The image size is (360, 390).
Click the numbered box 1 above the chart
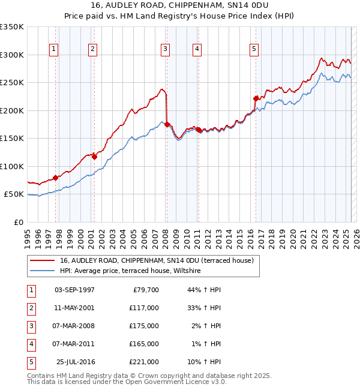tap(54, 50)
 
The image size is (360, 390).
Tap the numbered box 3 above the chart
tap(165, 50)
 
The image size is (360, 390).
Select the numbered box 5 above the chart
tap(254, 50)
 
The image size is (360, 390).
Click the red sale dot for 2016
tap(256, 98)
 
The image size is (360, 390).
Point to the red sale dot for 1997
tap(55, 178)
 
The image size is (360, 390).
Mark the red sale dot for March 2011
tap(198, 130)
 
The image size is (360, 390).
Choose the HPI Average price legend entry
tap(130, 271)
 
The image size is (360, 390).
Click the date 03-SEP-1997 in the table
tap(74, 290)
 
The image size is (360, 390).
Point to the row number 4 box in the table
tap(30, 344)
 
